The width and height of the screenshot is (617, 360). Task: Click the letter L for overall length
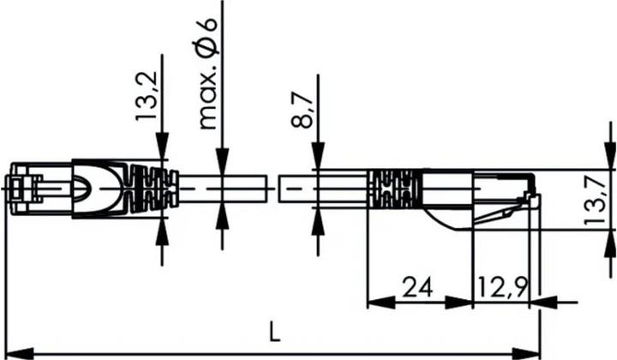[x=273, y=331]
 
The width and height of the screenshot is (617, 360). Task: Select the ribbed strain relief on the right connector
[x=394, y=189]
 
